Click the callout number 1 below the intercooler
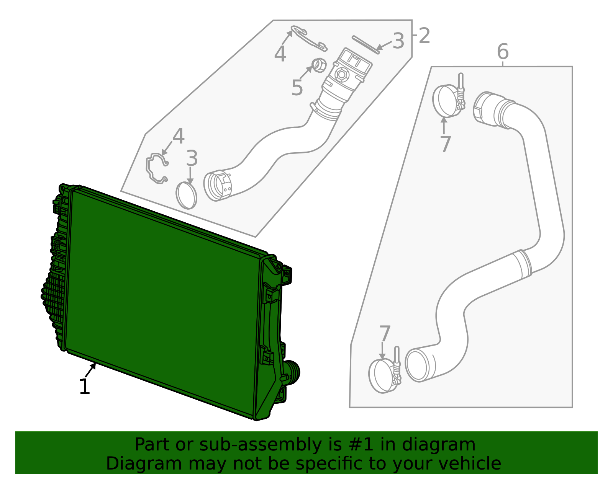(x=85, y=387)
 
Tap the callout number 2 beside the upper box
(x=424, y=36)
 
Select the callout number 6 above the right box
(x=503, y=51)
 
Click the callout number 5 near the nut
(x=297, y=88)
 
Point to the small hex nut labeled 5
(x=319, y=65)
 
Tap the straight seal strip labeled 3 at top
(x=366, y=44)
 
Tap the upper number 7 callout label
(x=446, y=144)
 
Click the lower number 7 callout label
(x=385, y=333)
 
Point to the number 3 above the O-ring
(x=192, y=158)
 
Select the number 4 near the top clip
(x=280, y=54)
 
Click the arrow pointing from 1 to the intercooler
(x=90, y=370)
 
